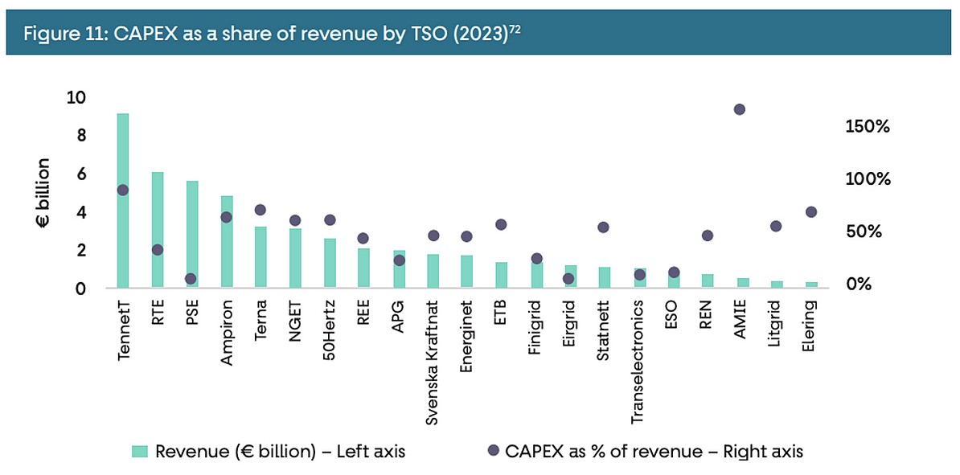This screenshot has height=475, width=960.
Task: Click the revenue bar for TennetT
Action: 122,201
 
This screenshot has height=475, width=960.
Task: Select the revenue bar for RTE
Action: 158,229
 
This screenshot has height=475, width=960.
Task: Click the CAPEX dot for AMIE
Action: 740,109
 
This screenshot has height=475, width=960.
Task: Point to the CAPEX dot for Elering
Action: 811,212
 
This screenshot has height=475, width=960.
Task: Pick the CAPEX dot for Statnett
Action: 604,227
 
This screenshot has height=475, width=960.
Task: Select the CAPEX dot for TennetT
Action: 122,190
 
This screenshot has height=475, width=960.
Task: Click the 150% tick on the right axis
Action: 867,127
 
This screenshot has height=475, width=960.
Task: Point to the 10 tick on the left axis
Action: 79,98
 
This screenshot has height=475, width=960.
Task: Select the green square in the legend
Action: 142,452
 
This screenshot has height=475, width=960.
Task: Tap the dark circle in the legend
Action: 492,451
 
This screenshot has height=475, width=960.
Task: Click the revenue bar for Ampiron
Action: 227,241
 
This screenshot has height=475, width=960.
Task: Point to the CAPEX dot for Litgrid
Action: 776,227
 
